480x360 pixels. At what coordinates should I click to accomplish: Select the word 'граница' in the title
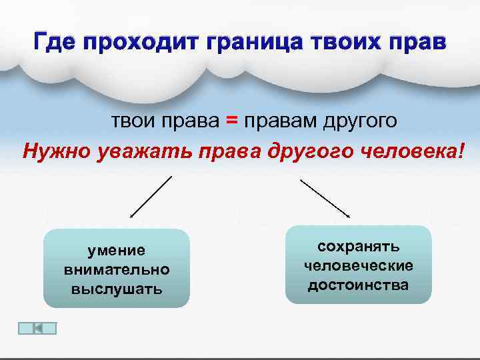point(253,43)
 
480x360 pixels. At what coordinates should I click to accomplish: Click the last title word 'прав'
point(419,43)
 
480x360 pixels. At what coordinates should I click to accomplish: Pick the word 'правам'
point(280,121)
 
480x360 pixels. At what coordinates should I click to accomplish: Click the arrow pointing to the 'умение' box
point(151,197)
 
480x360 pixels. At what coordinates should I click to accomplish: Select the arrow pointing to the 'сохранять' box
point(325,197)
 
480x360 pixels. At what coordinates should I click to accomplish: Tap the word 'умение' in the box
point(117,251)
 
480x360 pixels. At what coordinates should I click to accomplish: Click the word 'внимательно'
point(117,270)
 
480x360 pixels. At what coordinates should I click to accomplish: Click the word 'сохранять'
point(359,247)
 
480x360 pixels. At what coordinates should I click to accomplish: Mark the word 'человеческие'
point(359,266)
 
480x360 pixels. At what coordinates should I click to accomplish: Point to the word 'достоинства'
point(359,285)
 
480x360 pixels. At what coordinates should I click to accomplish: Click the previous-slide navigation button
point(37,328)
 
